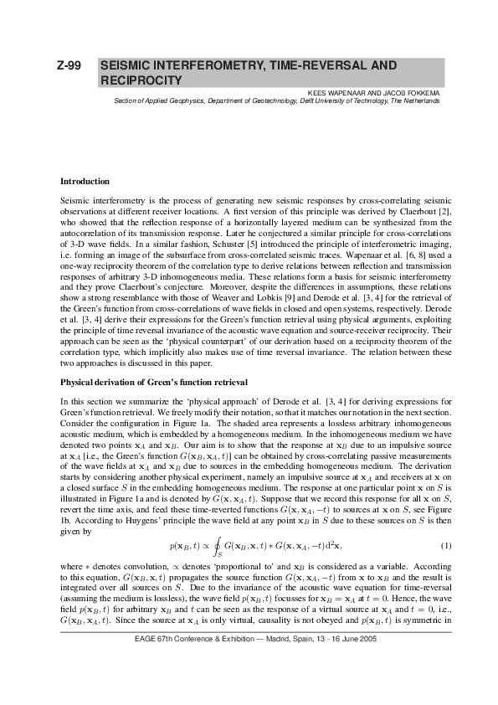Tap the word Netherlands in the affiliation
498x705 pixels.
tap(418, 100)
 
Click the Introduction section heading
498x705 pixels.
tap(85, 182)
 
